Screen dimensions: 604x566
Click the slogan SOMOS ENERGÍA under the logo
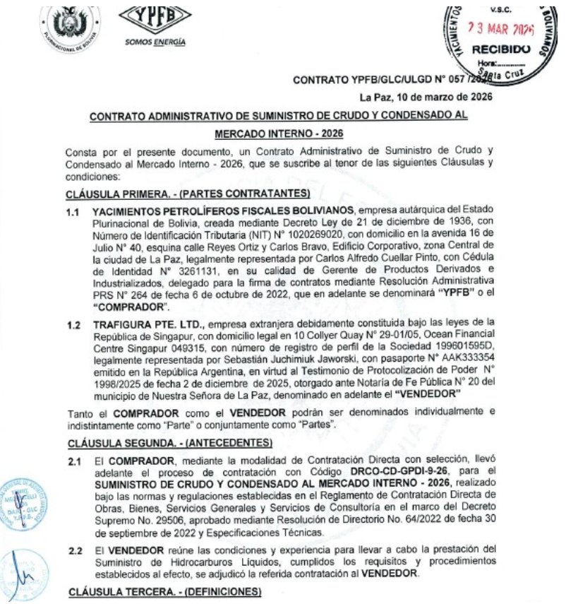[155, 41]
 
